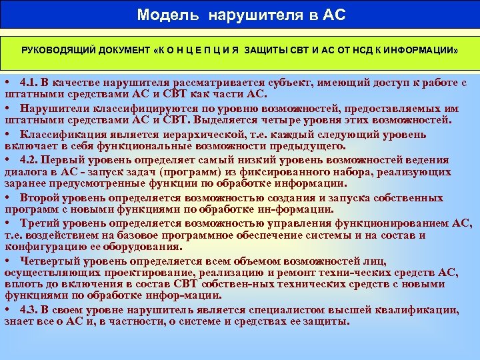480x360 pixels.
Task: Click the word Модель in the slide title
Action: pyautogui.click(x=161, y=14)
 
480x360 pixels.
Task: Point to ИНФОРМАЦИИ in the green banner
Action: pyautogui.click(x=423, y=51)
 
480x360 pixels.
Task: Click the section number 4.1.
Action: pyautogui.click(x=31, y=83)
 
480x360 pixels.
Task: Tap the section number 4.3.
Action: pyautogui.click(x=31, y=310)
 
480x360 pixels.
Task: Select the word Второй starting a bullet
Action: pyautogui.click(x=41, y=198)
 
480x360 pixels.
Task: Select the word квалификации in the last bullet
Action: pyautogui.click(x=418, y=310)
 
